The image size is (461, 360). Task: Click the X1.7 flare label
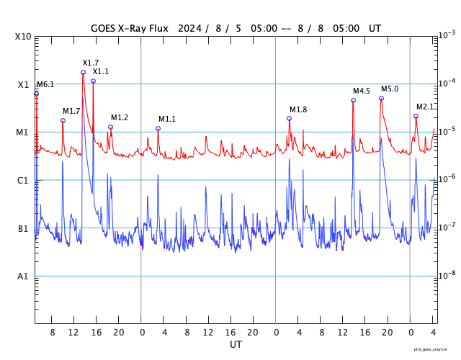click(91, 63)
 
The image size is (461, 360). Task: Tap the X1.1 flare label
click(101, 72)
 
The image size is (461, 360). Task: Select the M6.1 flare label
click(45, 85)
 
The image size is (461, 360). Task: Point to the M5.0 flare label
click(390, 89)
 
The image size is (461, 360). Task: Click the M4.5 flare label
click(362, 91)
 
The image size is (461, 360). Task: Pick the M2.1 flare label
click(425, 107)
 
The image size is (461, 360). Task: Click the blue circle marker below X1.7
click(83, 72)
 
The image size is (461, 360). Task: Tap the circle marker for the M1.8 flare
click(290, 118)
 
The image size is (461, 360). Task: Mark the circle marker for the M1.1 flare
click(158, 128)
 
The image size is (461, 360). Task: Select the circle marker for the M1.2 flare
click(110, 127)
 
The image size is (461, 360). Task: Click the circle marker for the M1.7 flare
click(63, 120)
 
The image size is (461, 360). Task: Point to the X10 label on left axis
click(23, 37)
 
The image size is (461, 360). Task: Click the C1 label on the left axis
click(23, 181)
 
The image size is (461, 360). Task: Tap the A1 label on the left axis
click(23, 276)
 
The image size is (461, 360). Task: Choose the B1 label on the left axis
click(23, 229)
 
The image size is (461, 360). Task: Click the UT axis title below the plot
click(236, 344)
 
